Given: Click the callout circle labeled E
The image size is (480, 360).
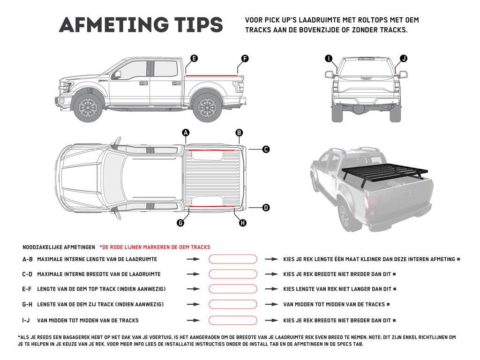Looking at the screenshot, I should tap(194, 59).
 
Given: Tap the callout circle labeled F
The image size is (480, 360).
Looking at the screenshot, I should tap(245, 59).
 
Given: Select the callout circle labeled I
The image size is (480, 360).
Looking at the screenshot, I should tap(329, 59).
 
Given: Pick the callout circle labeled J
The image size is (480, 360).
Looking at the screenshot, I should tap(404, 59).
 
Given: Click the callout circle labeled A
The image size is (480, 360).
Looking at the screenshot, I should tap(186, 133).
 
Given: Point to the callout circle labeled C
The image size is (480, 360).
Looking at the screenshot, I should tap(266, 150).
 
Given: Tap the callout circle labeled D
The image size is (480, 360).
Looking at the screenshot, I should tap(266, 207).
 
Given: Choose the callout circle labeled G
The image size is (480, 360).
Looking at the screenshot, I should tap(180, 223).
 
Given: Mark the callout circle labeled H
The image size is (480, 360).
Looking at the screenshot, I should tap(243, 223).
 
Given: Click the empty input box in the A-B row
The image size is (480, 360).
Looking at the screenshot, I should tap(233, 259).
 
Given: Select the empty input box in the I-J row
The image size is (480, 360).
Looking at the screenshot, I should tap(233, 321).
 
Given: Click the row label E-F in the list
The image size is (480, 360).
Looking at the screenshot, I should tap(27, 289).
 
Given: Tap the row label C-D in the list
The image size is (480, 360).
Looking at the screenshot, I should tap(27, 274).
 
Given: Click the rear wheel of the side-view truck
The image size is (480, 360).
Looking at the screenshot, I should tap(207, 108).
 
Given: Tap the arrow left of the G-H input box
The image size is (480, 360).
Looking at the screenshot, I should tap(193, 305).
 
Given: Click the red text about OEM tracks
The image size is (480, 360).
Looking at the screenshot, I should tap(155, 247).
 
